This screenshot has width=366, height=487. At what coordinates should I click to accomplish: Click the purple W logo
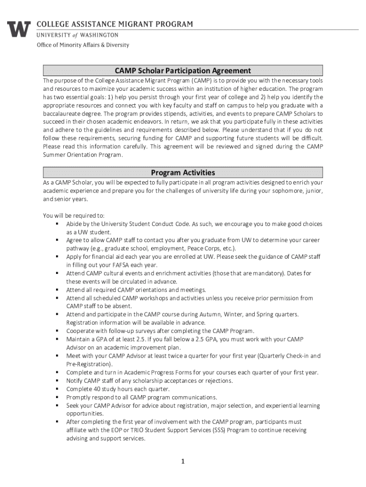[19, 29]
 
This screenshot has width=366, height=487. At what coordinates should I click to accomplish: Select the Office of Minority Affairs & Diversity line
[83, 45]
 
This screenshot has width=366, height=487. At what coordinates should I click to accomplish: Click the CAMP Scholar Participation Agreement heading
[183, 71]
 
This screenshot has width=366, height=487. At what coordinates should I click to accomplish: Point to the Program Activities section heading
[183, 173]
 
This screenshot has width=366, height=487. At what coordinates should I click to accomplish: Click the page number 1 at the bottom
[183, 461]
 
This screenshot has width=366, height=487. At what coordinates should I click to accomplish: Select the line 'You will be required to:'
[74, 215]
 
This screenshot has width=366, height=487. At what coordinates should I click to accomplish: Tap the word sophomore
[276, 191]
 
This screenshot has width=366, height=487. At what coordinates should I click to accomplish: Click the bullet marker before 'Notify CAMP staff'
[57, 381]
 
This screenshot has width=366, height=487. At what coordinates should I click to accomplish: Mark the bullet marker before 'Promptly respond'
[57, 397]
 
